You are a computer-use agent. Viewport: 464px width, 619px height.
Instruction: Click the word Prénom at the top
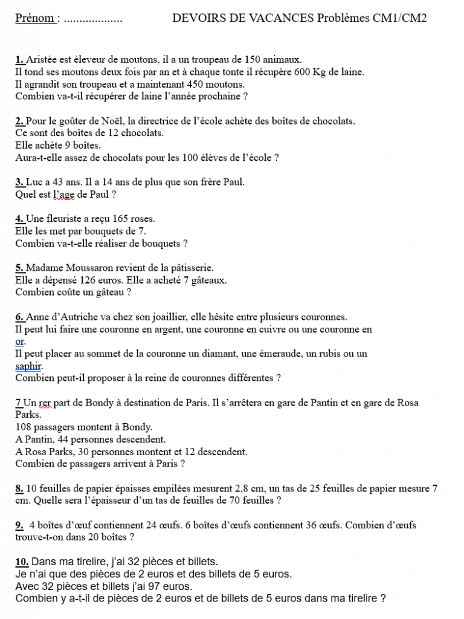tap(34, 18)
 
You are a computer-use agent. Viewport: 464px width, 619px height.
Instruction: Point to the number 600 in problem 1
tap(303, 72)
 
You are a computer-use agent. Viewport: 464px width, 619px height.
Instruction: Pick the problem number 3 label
tap(19, 182)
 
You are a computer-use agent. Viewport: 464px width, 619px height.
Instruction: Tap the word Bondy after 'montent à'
tap(137, 427)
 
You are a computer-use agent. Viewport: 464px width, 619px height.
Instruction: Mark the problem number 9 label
tap(19, 525)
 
